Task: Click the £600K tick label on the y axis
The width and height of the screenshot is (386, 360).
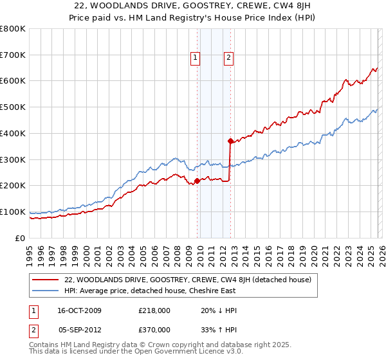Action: coord(12,81)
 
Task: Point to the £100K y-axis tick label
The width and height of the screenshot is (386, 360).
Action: coord(12,212)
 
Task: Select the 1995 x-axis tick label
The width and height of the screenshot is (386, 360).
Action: coord(30,255)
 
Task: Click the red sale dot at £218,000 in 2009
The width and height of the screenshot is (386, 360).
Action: coord(197,181)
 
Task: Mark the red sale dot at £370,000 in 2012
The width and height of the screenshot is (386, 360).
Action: coord(230,141)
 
